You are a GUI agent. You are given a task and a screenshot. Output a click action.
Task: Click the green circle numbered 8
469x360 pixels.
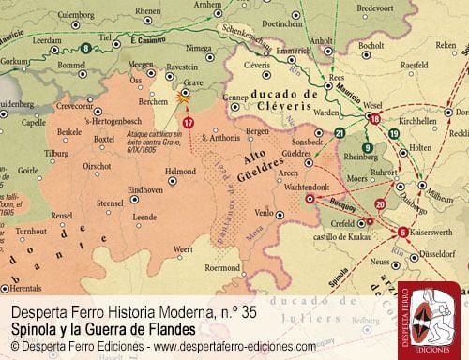86,47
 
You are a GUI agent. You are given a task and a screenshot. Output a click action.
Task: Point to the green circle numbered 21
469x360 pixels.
339,134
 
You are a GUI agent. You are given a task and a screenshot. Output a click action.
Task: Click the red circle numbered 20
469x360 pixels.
379,203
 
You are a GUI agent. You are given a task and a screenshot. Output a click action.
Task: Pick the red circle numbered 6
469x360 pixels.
402,232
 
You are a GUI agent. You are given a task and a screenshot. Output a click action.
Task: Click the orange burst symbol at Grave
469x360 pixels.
183,96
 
